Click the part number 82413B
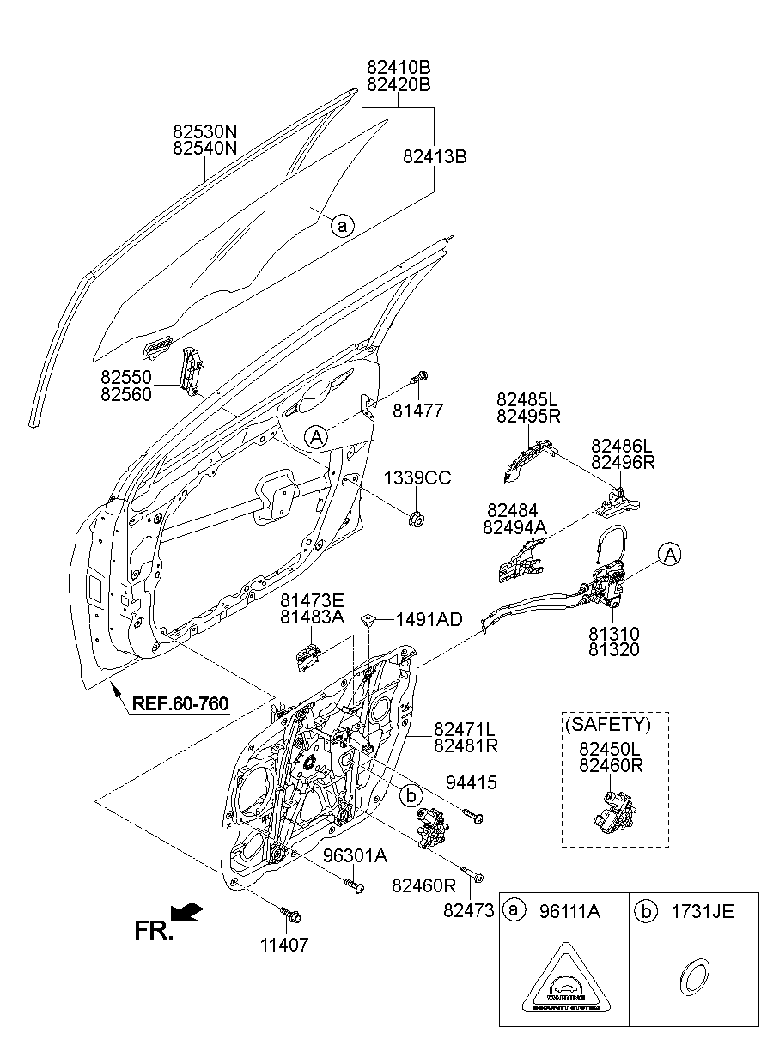coord(435,156)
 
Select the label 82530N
coord(204,131)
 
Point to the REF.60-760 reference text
coord(180,705)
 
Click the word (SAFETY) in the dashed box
coord(607,724)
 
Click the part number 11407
coord(284,945)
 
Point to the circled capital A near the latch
coord(671,556)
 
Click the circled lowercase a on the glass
coord(341,226)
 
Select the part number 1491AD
coord(429,619)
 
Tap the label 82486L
coord(622,446)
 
